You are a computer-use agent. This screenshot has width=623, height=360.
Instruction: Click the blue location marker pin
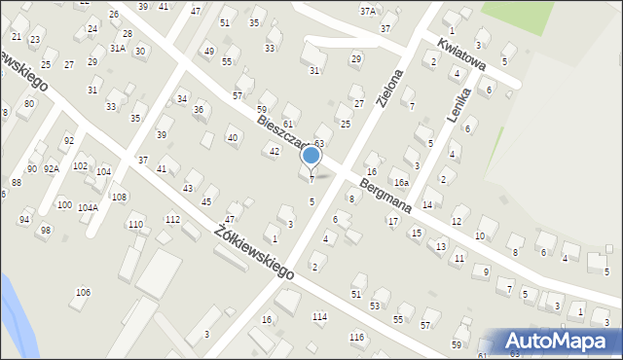[311, 157]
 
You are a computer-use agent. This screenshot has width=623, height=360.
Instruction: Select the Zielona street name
[389, 87]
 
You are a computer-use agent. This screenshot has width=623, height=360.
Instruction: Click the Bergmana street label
[385, 195]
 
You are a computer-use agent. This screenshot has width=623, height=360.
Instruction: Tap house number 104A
[88, 207]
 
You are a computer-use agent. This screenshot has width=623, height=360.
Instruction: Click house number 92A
[52, 168]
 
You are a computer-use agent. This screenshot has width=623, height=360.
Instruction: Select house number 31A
[118, 48]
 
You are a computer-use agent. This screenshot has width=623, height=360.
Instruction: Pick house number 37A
[367, 12]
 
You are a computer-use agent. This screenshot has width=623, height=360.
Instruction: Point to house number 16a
[400, 182]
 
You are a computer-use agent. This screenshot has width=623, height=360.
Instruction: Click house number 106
[83, 292]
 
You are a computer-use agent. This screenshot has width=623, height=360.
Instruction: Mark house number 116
[356, 337]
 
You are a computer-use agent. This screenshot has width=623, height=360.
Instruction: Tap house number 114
[319, 317]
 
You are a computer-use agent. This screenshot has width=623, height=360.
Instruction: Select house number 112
[172, 219]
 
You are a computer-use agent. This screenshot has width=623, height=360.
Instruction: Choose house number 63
[318, 144]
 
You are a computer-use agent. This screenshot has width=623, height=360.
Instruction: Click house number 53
[375, 306]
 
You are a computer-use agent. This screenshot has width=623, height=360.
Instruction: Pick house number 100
[64, 204]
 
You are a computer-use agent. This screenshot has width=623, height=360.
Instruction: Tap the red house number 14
[426, 204]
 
